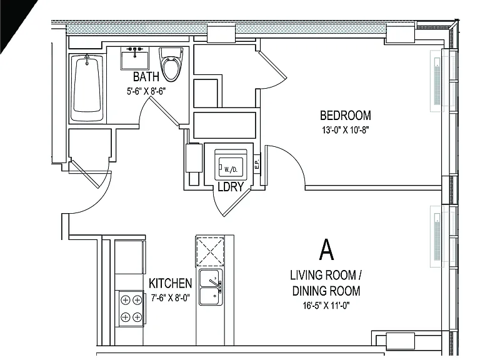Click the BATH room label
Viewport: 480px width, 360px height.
coord(146,76)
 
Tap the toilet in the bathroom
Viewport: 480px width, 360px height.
coord(171,64)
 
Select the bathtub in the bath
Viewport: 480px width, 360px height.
coord(87,87)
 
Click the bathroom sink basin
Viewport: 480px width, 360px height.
coord(135,59)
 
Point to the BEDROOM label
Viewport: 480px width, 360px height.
coord(345,116)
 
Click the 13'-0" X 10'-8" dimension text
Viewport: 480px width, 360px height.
coord(345,130)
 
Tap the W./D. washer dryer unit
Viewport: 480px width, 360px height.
coord(231,165)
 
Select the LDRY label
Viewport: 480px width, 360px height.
coord(231,186)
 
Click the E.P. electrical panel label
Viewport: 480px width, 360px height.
coord(257,163)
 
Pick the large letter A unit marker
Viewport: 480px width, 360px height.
coord(327,249)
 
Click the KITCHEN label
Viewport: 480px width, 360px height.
coord(170,284)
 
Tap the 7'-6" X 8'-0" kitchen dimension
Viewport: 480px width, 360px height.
coord(171,297)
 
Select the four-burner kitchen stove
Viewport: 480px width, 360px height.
coord(131,309)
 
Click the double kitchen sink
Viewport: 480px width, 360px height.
coord(210,287)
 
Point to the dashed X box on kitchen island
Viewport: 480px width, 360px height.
coord(210,251)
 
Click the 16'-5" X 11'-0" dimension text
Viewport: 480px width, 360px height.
coord(326,306)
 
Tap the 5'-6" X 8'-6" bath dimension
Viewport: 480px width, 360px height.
coord(146,91)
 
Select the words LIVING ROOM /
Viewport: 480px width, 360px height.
coord(326,275)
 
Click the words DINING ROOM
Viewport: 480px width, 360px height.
coord(326,291)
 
